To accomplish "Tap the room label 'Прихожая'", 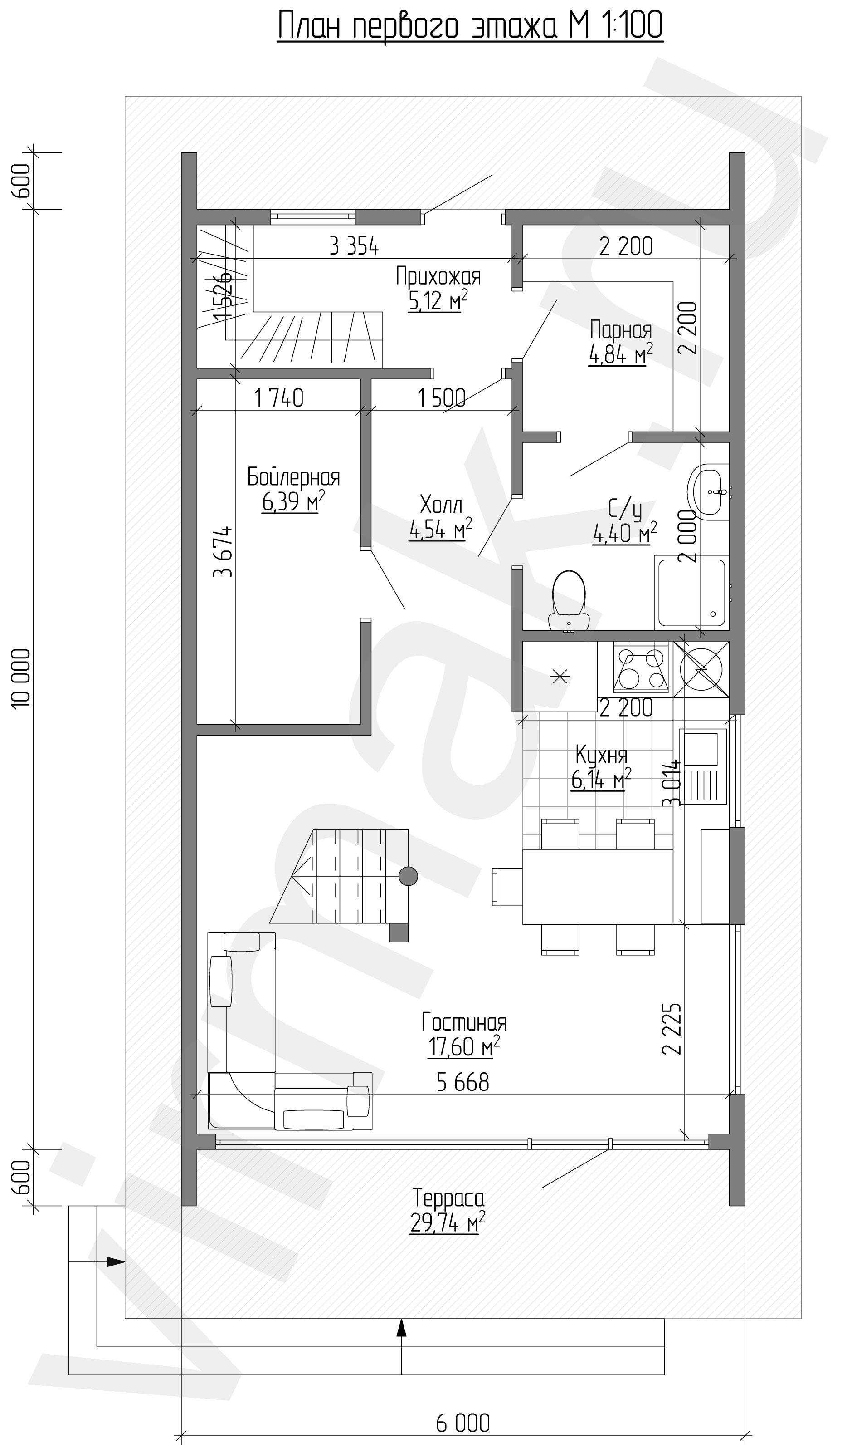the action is click(438, 276).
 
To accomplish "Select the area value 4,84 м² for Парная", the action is click(621, 354).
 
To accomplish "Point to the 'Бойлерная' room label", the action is click(293, 477).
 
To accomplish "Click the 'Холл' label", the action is click(441, 505).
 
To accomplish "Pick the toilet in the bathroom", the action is click(569, 600).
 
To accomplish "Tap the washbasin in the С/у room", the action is click(711, 492).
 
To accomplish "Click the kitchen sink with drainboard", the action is click(703, 766).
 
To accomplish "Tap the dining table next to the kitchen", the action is click(597, 886).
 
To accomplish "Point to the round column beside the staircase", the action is click(408, 876).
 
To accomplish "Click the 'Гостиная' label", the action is click(464, 1022).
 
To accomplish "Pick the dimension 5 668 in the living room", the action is click(463, 1082).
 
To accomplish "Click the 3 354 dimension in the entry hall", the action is click(354, 246).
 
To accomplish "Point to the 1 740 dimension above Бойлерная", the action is click(278, 398).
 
